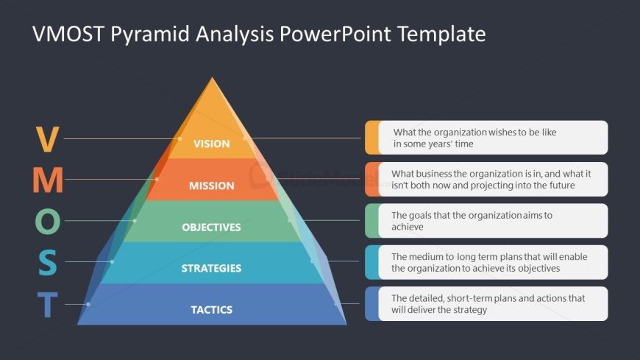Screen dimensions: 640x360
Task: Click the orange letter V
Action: click(x=47, y=139)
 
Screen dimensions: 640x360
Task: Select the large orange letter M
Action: click(x=48, y=180)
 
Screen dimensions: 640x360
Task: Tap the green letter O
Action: click(x=48, y=221)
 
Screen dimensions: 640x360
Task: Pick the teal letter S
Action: click(x=48, y=262)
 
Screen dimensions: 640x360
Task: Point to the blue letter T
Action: click(x=48, y=305)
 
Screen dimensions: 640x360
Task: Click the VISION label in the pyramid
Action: click(x=211, y=144)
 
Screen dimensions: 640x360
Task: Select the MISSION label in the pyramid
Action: click(x=211, y=186)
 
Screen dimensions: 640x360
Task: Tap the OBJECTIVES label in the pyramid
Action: click(x=211, y=227)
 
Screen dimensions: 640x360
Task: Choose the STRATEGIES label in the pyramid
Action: click(x=211, y=269)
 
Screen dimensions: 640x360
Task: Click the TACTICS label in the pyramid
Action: click(x=211, y=310)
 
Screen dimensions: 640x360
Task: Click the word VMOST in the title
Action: click(x=68, y=34)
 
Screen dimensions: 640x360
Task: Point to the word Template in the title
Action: click(x=441, y=35)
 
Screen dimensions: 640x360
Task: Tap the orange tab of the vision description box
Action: click(x=371, y=137)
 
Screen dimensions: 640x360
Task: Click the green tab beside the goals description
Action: click(x=371, y=221)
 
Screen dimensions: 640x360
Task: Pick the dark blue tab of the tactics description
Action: click(x=371, y=303)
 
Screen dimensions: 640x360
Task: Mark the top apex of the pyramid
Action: click(x=212, y=77)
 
